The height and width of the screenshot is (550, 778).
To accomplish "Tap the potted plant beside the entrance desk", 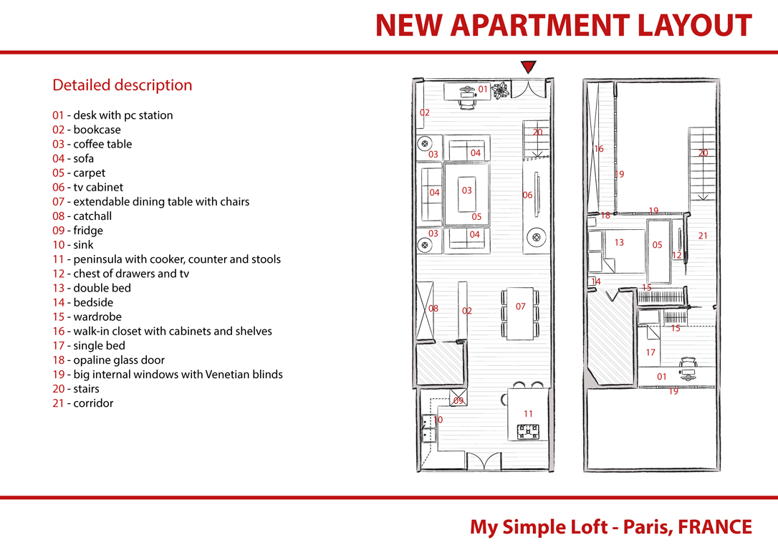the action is [x=501, y=90].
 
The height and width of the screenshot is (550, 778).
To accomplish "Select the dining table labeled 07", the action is [x=520, y=314].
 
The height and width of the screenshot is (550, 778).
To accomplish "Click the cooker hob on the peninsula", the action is [x=528, y=431].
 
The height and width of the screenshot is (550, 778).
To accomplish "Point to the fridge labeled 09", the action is [x=458, y=397].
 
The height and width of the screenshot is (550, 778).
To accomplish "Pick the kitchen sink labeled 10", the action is [x=428, y=428].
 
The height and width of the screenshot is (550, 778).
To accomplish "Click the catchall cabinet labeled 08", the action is [x=425, y=311].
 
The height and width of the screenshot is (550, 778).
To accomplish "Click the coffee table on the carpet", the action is [x=466, y=194].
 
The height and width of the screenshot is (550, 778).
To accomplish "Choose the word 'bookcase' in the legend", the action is [x=97, y=130].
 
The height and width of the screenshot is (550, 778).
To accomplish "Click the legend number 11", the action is [x=58, y=259].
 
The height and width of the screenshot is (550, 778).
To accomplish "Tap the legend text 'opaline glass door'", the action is [x=119, y=360].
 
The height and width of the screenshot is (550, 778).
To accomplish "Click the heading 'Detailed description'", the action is [x=122, y=85].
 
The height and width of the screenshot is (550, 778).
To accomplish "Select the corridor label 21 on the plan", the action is [x=703, y=236].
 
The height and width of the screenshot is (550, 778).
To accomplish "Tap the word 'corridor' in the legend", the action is [x=93, y=403].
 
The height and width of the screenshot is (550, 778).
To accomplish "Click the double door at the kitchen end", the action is [x=484, y=460].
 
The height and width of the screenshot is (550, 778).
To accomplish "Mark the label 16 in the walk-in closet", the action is [x=599, y=148].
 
